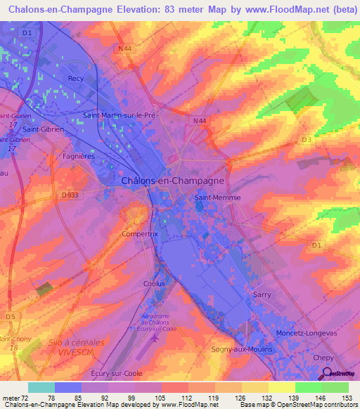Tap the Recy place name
click(x=75, y=79)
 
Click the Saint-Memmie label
click(x=217, y=198)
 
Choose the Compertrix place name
click(x=138, y=233)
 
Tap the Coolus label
click(x=154, y=283)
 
